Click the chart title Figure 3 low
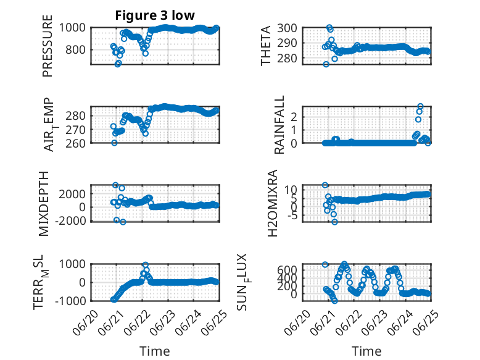tap(155, 15)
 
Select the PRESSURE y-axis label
tap(48, 46)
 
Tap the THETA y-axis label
tap(266, 46)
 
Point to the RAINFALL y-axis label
tap(279, 125)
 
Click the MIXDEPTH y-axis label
tap(44, 204)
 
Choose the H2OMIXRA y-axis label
tap(272, 203)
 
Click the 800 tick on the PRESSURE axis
tap(75, 49)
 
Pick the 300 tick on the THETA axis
tap(287, 28)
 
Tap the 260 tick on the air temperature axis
tap(75, 143)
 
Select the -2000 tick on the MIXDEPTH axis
tap(72, 220)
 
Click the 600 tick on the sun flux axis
tap(287, 270)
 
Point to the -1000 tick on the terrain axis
tap(72, 301)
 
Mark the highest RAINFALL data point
tap(420, 106)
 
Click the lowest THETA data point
tap(326, 64)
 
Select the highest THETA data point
tap(329, 27)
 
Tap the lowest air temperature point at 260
tap(114, 143)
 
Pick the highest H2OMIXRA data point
tap(325, 185)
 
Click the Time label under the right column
tap(366, 351)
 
